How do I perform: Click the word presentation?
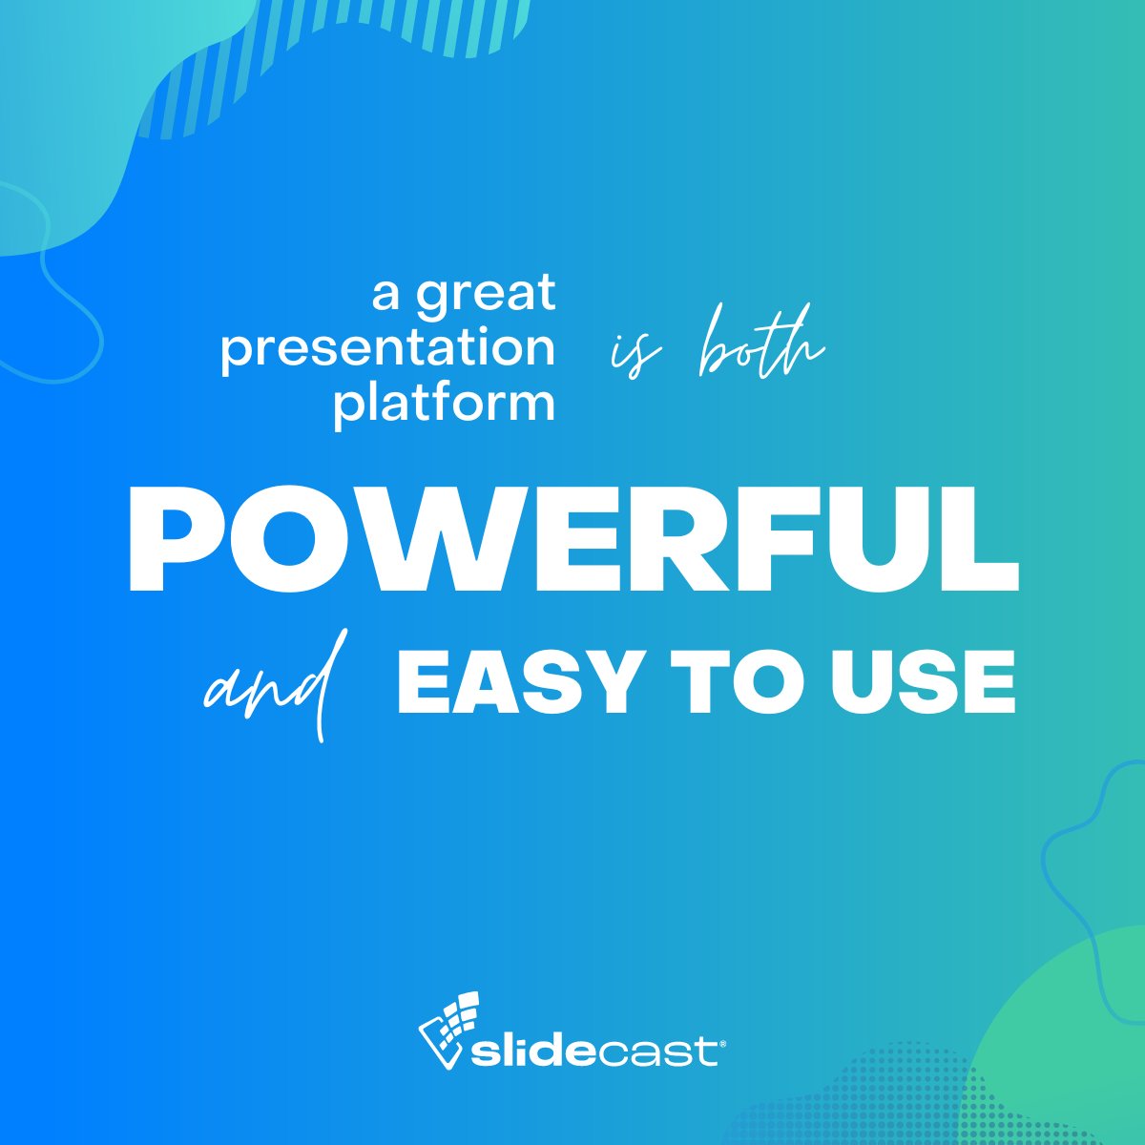pos(387,348)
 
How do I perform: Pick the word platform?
pos(444,403)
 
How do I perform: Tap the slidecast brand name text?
pos(596,1052)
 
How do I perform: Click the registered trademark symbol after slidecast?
pos(722,1043)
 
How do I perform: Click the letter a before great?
pos(385,294)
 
